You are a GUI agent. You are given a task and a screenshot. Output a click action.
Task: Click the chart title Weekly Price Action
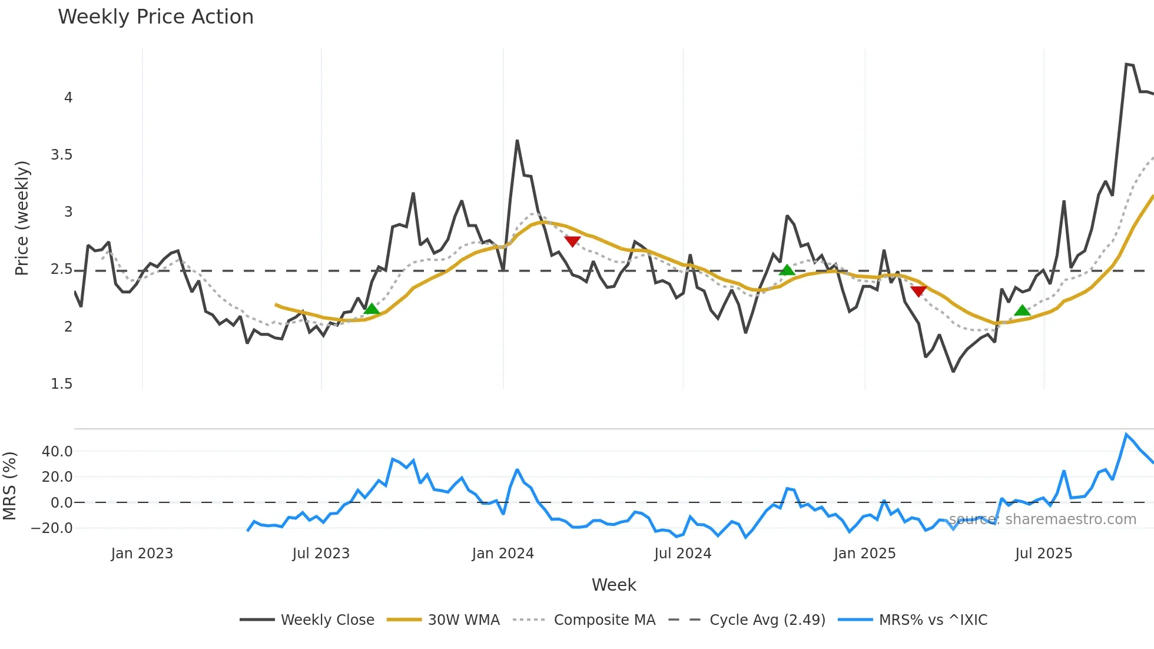[x=155, y=17]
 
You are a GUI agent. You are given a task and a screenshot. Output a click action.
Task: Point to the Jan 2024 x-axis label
[x=503, y=554]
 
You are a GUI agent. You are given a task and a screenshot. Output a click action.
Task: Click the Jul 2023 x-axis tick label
[x=321, y=554]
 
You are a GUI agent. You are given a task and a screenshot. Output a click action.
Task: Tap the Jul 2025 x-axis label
[x=1043, y=554]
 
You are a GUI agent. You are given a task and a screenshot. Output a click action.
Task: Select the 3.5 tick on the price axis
[x=61, y=155]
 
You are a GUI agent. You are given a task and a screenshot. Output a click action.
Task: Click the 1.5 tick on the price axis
[x=61, y=384]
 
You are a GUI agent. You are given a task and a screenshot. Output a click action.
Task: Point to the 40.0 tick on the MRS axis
[x=57, y=452]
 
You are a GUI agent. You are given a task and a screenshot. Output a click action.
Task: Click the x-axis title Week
[x=614, y=585]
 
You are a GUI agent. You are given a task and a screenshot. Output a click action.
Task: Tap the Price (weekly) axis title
[x=22, y=218]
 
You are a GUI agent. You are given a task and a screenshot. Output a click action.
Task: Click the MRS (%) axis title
[x=9, y=486]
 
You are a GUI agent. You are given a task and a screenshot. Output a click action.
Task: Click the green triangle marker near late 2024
[x=787, y=270]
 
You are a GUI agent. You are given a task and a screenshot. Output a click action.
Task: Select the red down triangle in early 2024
[x=572, y=241]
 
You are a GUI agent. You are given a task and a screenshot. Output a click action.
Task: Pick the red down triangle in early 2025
[x=918, y=291]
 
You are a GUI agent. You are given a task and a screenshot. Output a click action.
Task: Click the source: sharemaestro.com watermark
[x=1042, y=519]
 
